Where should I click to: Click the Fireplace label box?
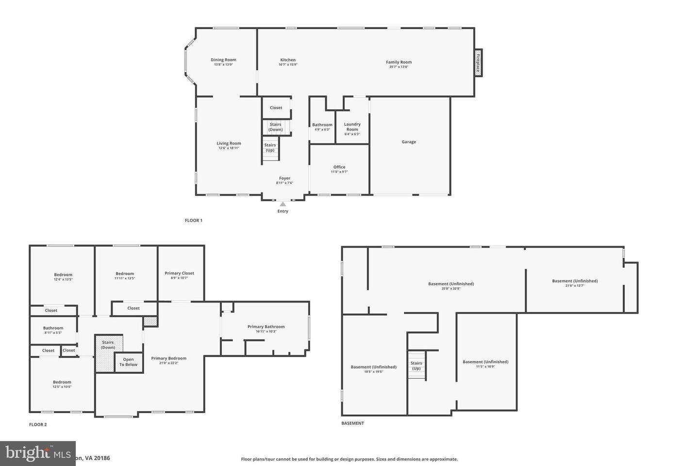[x=478, y=62]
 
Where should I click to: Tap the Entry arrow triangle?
[x=283, y=204]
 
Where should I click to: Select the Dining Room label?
[x=223, y=60]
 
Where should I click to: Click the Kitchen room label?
[x=288, y=60]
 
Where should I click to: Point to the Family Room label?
[x=399, y=62]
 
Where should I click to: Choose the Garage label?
[x=409, y=142]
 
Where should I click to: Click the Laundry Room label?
[x=352, y=127]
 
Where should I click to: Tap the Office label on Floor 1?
[x=339, y=167]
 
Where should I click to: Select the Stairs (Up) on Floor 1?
[x=270, y=148]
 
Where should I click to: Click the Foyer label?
[x=284, y=178]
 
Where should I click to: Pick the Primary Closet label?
[x=180, y=273]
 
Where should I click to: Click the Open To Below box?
[x=129, y=362]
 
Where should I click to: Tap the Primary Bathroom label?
[x=266, y=327]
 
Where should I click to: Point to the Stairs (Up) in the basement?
[x=416, y=366]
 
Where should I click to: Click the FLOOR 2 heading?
[x=38, y=425]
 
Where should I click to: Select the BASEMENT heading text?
[x=352, y=423]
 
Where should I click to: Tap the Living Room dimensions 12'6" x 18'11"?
[x=229, y=148]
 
